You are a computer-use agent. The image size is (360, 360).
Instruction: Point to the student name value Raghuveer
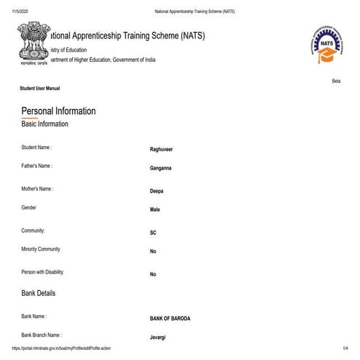[x=161, y=149]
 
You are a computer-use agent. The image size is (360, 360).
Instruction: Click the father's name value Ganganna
[x=160, y=168]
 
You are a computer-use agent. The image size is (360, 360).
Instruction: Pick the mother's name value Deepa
[x=156, y=191]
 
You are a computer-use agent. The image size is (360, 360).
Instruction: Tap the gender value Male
[x=154, y=210]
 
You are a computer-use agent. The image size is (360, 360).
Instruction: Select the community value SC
[x=153, y=233]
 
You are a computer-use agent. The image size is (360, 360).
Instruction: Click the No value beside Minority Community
[x=153, y=252]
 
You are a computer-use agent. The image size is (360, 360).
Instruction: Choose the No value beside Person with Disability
[x=153, y=275]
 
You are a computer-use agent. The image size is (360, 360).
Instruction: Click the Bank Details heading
[x=38, y=293]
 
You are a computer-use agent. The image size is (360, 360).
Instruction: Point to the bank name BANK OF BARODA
[x=170, y=319]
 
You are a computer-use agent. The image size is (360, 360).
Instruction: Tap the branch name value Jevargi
[x=159, y=337]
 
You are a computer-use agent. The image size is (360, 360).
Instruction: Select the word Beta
[x=336, y=81]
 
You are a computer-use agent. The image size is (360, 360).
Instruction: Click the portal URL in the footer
[x=62, y=349]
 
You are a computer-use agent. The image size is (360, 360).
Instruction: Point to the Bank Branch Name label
[x=41, y=335]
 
